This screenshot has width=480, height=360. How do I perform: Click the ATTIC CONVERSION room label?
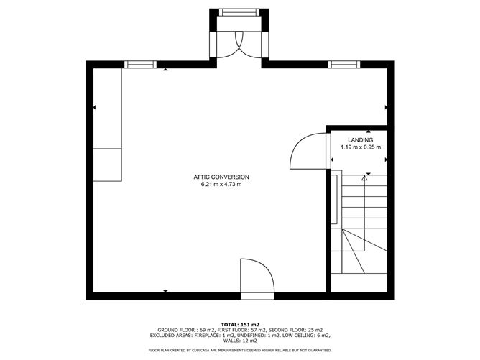click(x=221, y=177)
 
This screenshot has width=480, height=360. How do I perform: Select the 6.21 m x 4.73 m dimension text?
click(x=221, y=184)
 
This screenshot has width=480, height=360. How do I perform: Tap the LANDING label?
click(x=360, y=140)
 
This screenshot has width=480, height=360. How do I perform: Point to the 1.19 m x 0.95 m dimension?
click(x=361, y=147)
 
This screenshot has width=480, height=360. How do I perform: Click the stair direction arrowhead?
click(x=364, y=178)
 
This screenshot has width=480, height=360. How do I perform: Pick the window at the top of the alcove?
click(x=239, y=12)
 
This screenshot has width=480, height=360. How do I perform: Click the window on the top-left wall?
click(x=141, y=65)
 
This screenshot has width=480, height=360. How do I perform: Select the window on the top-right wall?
click(x=344, y=65)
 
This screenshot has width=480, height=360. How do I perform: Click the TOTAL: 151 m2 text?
click(x=240, y=325)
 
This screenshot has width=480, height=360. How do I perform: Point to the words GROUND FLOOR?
click(x=176, y=330)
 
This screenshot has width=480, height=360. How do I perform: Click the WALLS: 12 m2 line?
click(x=240, y=341)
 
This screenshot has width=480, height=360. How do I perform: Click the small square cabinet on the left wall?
click(x=108, y=165)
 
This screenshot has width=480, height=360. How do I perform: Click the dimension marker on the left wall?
click(x=94, y=108)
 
